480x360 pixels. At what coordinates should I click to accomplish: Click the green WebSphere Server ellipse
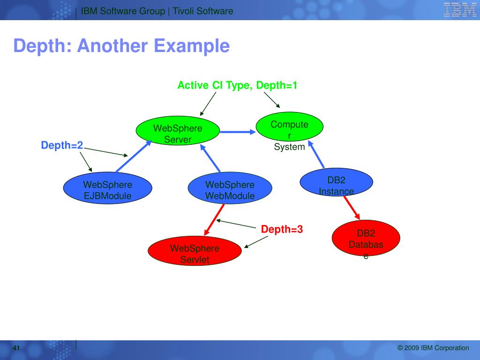click(x=178, y=133)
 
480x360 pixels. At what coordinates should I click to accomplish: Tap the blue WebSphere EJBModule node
click(x=107, y=190)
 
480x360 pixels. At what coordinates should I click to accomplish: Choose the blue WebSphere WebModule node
click(x=230, y=190)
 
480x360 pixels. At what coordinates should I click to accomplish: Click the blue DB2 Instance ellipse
click(x=336, y=182)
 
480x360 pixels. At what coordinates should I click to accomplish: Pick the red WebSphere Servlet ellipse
click(x=195, y=253)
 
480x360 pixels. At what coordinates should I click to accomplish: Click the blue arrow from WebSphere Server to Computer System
click(x=237, y=132)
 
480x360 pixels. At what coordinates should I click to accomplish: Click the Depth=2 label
click(x=62, y=146)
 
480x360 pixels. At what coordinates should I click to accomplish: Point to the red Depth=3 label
click(x=282, y=229)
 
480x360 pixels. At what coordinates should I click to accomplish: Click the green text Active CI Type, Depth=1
click(x=237, y=85)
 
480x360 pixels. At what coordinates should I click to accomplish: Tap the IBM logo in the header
click(x=460, y=10)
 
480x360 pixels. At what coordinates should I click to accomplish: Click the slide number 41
click(x=16, y=348)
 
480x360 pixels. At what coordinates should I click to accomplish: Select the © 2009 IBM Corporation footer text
click(x=433, y=348)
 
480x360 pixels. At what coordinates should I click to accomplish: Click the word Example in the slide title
click(x=192, y=46)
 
